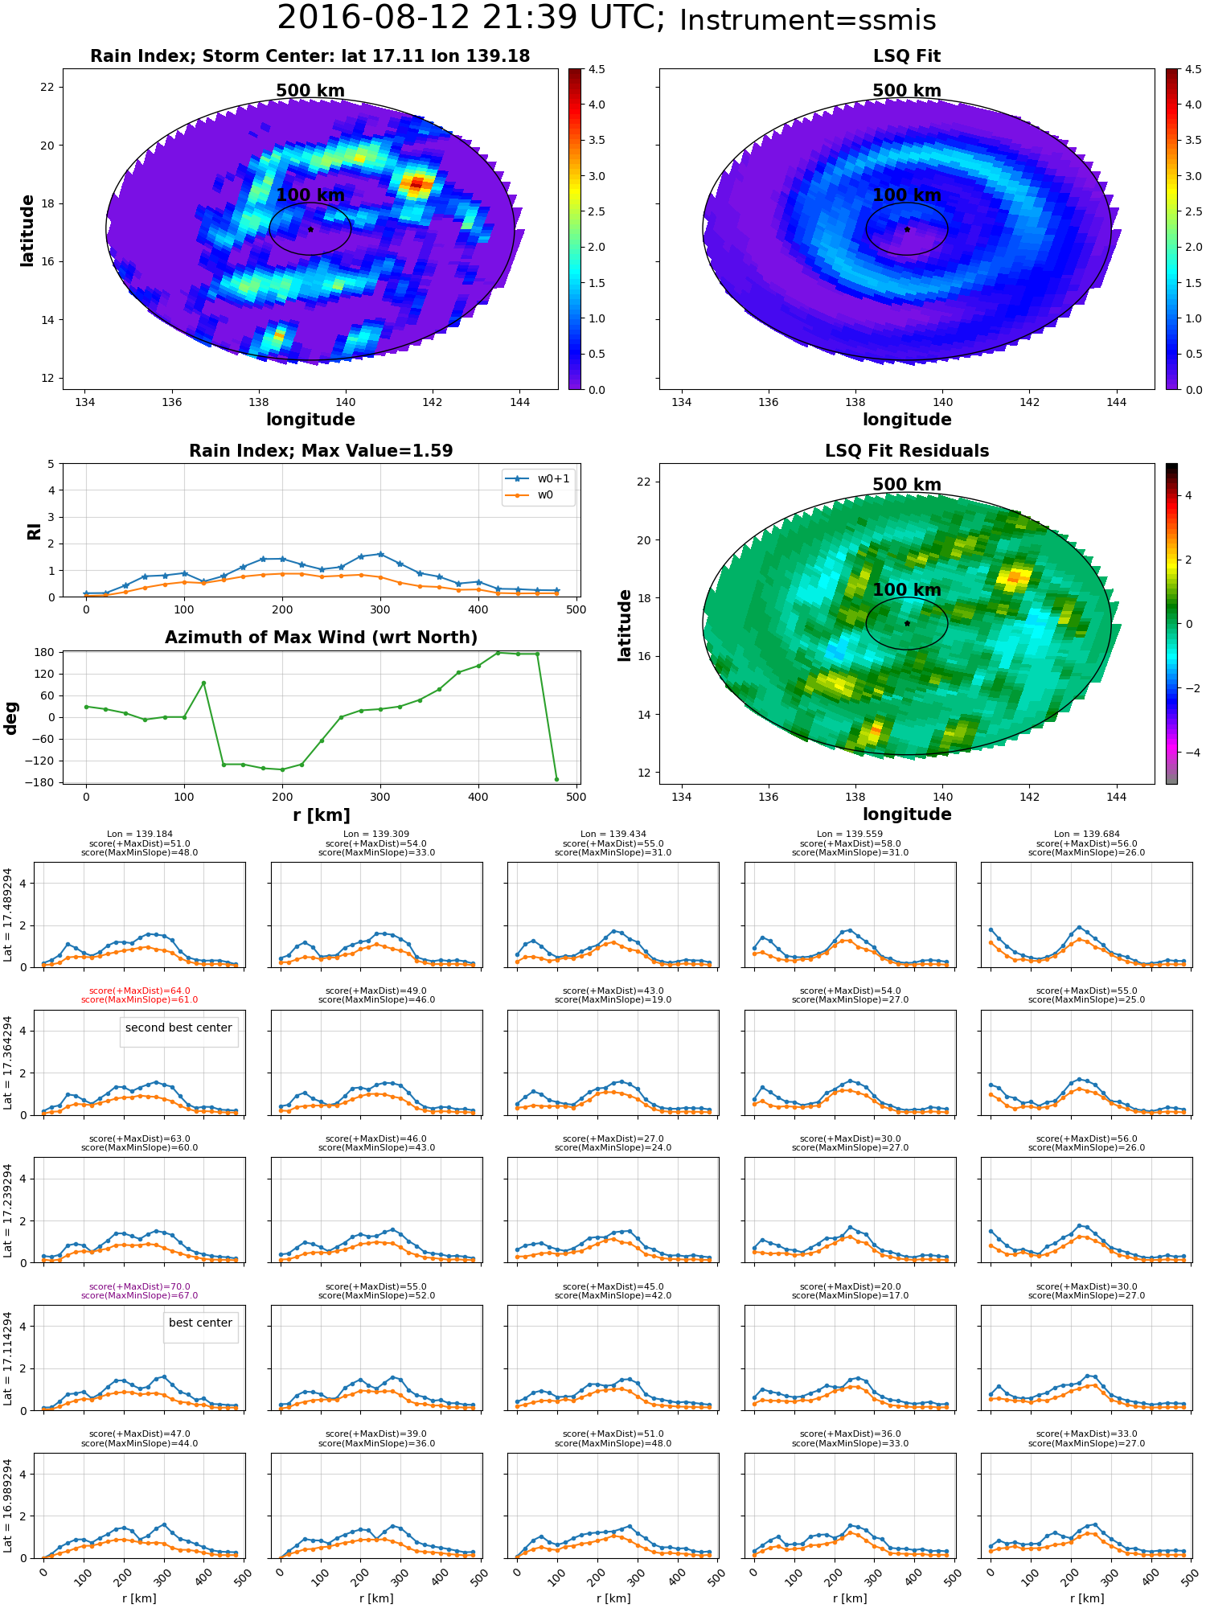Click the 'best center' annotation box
click(200, 1323)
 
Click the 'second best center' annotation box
click(178, 1028)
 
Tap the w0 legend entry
click(539, 495)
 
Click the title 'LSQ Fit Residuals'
click(907, 451)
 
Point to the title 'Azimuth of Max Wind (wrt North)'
click(321, 638)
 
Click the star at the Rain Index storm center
click(310, 229)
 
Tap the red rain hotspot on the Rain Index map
click(416, 184)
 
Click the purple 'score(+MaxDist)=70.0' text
click(140, 1286)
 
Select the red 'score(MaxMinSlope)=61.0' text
click(140, 1000)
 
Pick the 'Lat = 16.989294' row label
click(8, 1505)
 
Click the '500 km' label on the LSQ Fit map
click(907, 91)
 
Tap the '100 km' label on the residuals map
click(907, 589)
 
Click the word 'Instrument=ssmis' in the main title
click(807, 21)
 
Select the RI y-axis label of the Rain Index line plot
click(34, 531)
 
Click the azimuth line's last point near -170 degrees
click(556, 779)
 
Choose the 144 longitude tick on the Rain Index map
click(519, 402)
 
